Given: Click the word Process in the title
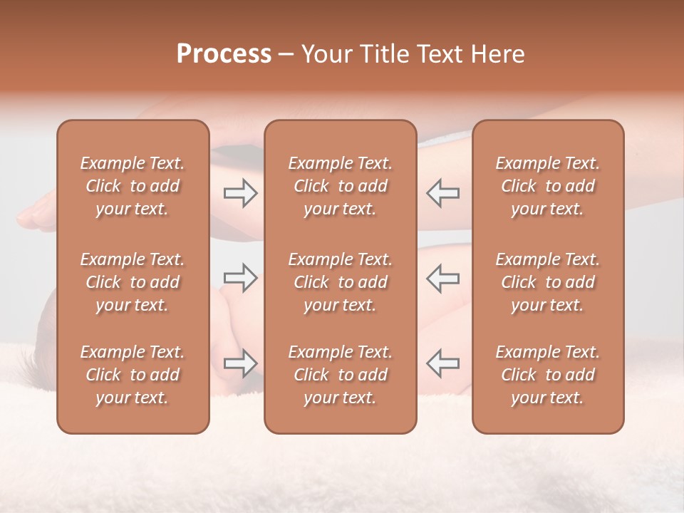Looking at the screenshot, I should [x=224, y=53].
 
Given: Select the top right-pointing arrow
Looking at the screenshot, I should [x=240, y=193].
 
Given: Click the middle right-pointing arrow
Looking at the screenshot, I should [x=240, y=278].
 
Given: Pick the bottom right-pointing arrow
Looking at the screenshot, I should [x=240, y=363].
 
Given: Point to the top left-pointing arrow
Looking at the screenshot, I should [x=443, y=193].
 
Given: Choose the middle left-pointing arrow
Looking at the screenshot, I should [x=443, y=278].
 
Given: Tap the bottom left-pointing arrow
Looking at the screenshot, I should [x=443, y=363].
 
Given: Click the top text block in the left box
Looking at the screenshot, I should [x=133, y=186].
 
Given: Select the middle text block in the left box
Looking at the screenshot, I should [x=133, y=282].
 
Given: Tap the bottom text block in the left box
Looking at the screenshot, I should [x=133, y=375].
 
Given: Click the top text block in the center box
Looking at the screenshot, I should [x=341, y=186].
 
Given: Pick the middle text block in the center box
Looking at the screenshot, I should [x=341, y=282].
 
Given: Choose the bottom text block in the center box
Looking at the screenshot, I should [x=341, y=375].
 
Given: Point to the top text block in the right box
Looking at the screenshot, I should [x=548, y=186].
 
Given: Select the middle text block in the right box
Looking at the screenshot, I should [x=548, y=282].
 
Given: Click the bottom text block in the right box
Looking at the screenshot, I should [x=548, y=375].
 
